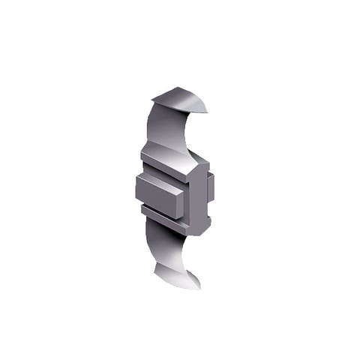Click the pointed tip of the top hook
(x=205, y=112)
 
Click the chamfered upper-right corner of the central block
(x=200, y=159)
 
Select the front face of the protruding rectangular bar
(x=157, y=196)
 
